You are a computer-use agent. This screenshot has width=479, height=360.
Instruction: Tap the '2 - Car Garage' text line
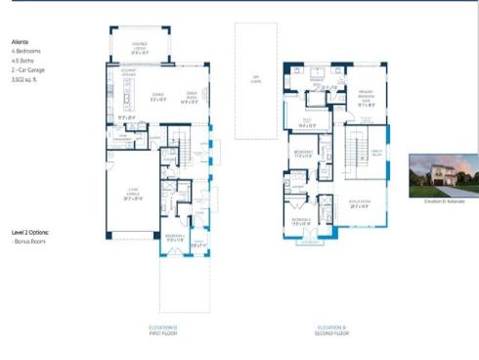point(28,66)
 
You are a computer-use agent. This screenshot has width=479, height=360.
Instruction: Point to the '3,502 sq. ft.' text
point(25,73)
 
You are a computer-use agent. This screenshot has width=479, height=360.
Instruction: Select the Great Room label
point(192,98)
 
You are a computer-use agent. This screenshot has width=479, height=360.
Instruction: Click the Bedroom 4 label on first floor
point(173,238)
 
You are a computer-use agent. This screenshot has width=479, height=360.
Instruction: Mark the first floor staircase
point(182,152)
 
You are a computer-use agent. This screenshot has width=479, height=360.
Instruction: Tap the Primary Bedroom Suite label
point(367,101)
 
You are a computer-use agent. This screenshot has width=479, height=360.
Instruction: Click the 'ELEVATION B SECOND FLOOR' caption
point(331,330)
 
